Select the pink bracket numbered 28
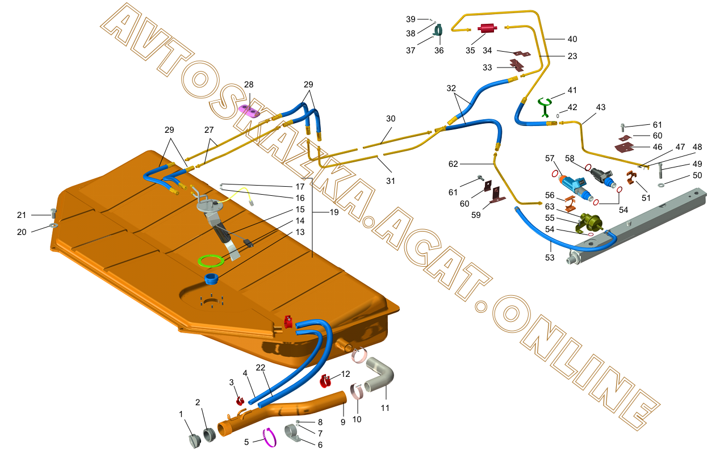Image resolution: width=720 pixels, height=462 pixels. coord(249,110)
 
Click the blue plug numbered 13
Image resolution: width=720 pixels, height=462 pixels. coord(212,279)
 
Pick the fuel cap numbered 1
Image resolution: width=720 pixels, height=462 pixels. coord(194,441)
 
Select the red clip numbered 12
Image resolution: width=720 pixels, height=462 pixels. coord(326,380)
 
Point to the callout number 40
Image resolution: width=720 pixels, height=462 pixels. coord(572,39)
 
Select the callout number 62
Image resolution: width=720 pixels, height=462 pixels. coord(453,163)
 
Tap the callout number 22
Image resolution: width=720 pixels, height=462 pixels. coord(260,368)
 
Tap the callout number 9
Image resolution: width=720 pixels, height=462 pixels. coord(342,423)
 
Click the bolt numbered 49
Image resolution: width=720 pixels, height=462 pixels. coord(661,170)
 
